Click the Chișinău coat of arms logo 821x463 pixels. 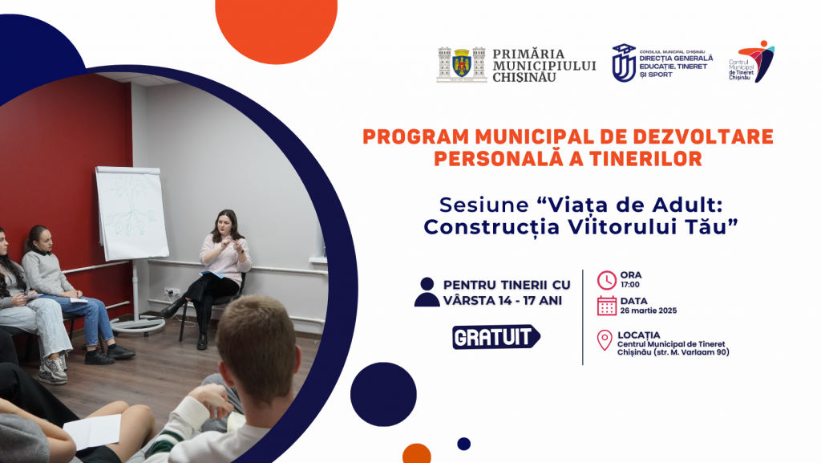461,64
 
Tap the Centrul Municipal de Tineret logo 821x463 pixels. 752,61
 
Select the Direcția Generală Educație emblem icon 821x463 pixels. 624,63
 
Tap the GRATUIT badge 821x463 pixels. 495,337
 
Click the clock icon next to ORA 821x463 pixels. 607,280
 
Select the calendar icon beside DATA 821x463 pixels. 607,306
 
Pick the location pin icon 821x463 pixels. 605,340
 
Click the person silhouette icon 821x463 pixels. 427,292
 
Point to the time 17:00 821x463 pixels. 630,285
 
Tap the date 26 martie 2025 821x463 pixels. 648,311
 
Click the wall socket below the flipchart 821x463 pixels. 172,292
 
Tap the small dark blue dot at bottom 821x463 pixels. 463,445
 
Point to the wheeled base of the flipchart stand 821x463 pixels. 137,326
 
